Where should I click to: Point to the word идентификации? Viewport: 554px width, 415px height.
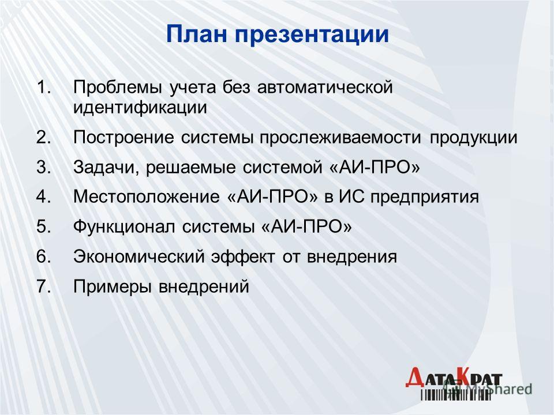pos(140,108)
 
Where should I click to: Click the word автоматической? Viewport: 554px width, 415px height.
pos(325,88)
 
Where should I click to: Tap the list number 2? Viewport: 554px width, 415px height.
pos(43,137)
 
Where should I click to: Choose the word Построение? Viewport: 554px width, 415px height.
pos(123,138)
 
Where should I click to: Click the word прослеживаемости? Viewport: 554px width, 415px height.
pos(340,138)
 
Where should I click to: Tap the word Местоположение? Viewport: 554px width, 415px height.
pos(146,198)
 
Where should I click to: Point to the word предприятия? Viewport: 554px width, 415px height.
pos(425,198)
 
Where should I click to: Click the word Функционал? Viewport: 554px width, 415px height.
pos(123,227)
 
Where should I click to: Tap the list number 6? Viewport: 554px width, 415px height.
pos(43,256)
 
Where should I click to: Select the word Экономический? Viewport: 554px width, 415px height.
pos(139,256)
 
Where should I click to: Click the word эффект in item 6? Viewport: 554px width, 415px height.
pos(243,256)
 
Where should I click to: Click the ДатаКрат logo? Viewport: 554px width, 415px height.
pos(454,383)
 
